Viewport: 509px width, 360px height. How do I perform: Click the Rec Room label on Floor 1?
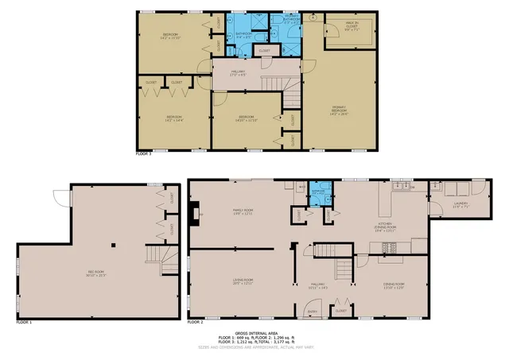point(95,274)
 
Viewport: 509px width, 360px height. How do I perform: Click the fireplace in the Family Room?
point(194,212)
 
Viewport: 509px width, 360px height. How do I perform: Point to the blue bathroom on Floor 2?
point(318,194)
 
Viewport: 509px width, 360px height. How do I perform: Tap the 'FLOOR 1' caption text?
point(25,323)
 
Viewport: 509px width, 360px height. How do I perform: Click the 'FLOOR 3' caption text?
point(143,153)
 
